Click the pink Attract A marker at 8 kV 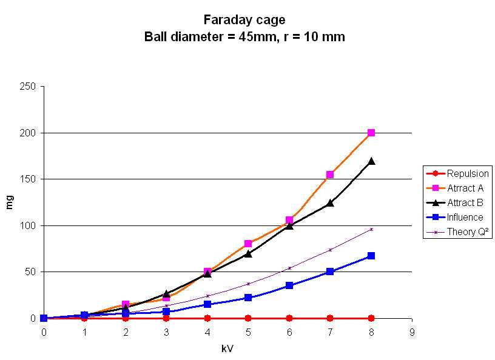pos(371,133)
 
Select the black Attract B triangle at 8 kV pos(371,161)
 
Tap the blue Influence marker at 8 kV pos(371,256)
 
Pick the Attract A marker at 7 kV pos(330,175)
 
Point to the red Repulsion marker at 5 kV pos(248,318)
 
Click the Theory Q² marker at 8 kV pos(371,229)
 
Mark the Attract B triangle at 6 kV pos(289,225)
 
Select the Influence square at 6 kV pos(289,285)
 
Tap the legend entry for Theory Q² pos(465,232)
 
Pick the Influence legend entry pos(465,217)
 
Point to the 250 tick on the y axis pos(30,87)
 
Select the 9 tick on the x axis pos(412,332)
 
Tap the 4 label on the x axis pos(207,332)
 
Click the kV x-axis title pos(227,349)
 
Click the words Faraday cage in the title pos(244,21)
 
